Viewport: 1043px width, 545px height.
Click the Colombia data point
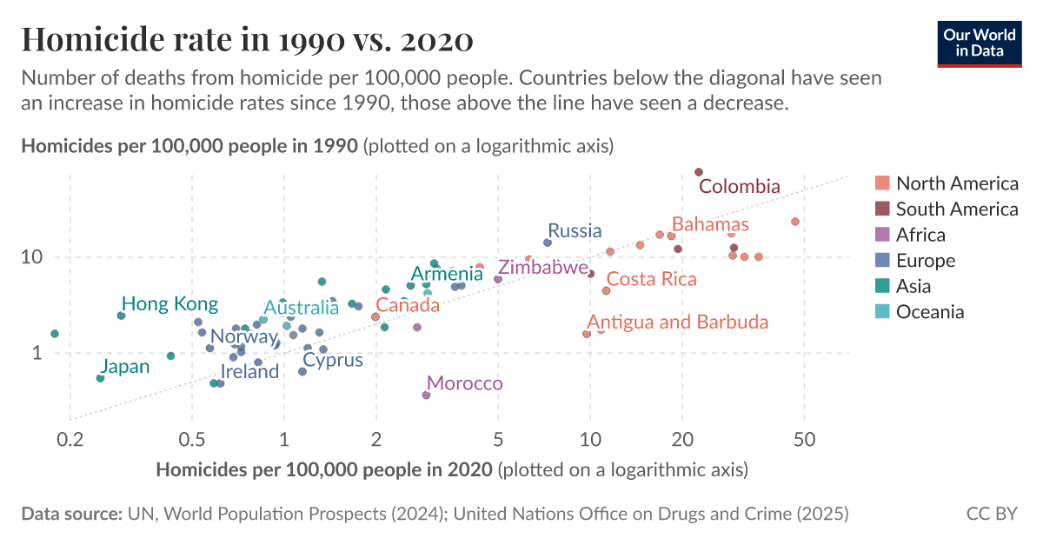coord(699,172)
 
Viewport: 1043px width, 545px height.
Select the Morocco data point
coord(426,395)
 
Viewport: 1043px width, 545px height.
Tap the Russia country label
coord(575,230)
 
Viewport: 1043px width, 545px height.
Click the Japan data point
coord(101,378)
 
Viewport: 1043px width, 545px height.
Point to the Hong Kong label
coord(169,304)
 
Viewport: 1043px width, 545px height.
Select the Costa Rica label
coord(651,279)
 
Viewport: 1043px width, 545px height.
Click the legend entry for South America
coord(956,209)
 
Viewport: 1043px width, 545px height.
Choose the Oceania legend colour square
coord(882,312)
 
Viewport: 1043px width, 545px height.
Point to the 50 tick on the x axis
coord(804,439)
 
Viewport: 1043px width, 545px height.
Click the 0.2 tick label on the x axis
coord(70,439)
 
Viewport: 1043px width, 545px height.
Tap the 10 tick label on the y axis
coord(32,257)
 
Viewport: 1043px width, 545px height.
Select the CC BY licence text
coord(991,514)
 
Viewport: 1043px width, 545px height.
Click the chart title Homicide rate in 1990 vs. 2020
coord(247,40)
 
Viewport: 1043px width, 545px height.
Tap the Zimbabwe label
coord(542,268)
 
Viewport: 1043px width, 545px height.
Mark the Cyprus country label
coord(332,360)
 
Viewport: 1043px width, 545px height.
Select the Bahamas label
coord(710,224)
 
